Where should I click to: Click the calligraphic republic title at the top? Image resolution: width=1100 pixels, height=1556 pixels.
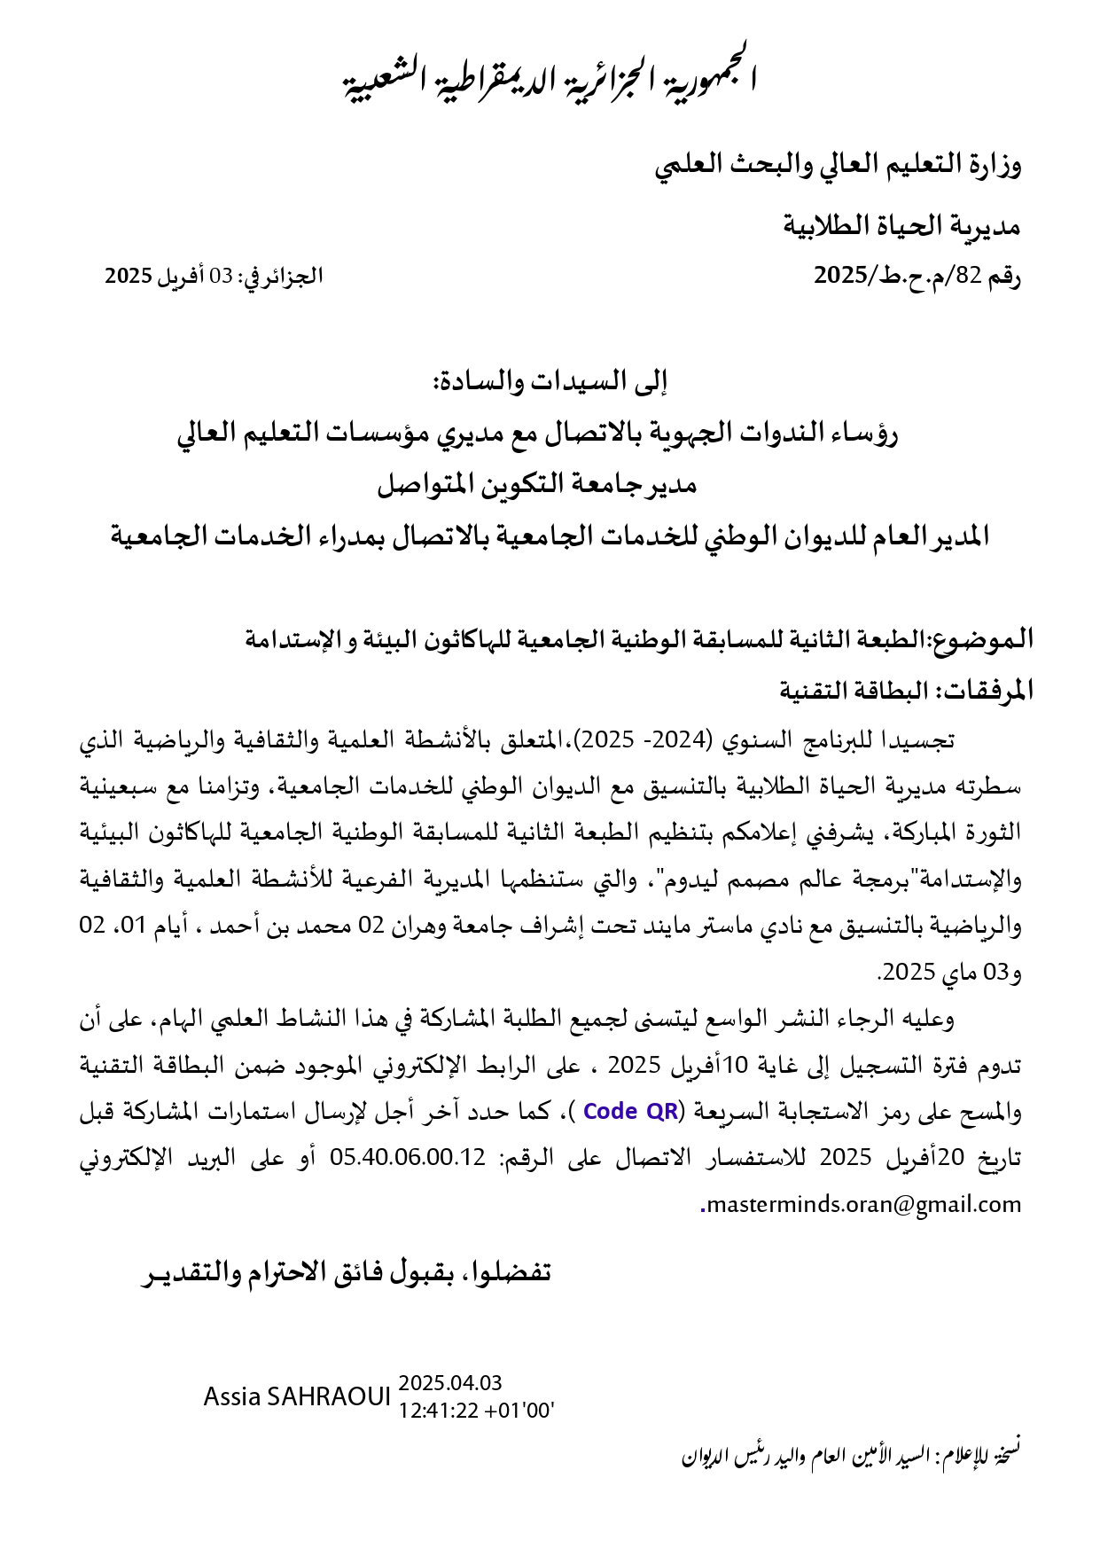click(x=550, y=76)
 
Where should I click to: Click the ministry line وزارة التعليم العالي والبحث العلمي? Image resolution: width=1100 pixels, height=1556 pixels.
click(x=838, y=165)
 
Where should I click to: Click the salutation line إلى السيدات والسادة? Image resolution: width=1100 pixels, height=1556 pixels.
click(x=550, y=381)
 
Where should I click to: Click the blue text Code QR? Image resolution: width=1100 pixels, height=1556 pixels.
click(x=631, y=1111)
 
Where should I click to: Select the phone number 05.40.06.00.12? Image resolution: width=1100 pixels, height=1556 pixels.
click(x=409, y=1157)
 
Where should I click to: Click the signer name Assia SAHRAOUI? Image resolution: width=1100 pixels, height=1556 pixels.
click(x=297, y=1396)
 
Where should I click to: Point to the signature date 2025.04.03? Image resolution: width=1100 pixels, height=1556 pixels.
click(x=450, y=1382)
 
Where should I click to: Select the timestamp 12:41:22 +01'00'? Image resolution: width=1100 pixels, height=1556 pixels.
click(x=476, y=1410)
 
